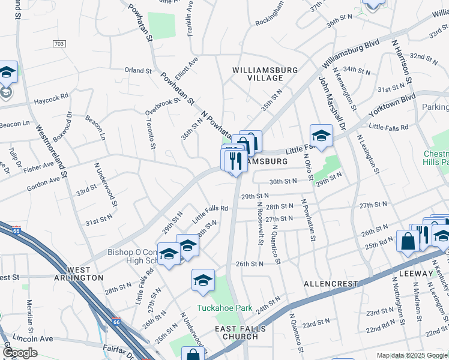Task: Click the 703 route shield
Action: coord(59,44)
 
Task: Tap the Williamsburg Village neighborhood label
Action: coord(265,74)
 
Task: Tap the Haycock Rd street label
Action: coord(51,95)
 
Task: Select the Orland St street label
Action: coord(138,71)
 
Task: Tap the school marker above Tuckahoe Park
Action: coord(203,280)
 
